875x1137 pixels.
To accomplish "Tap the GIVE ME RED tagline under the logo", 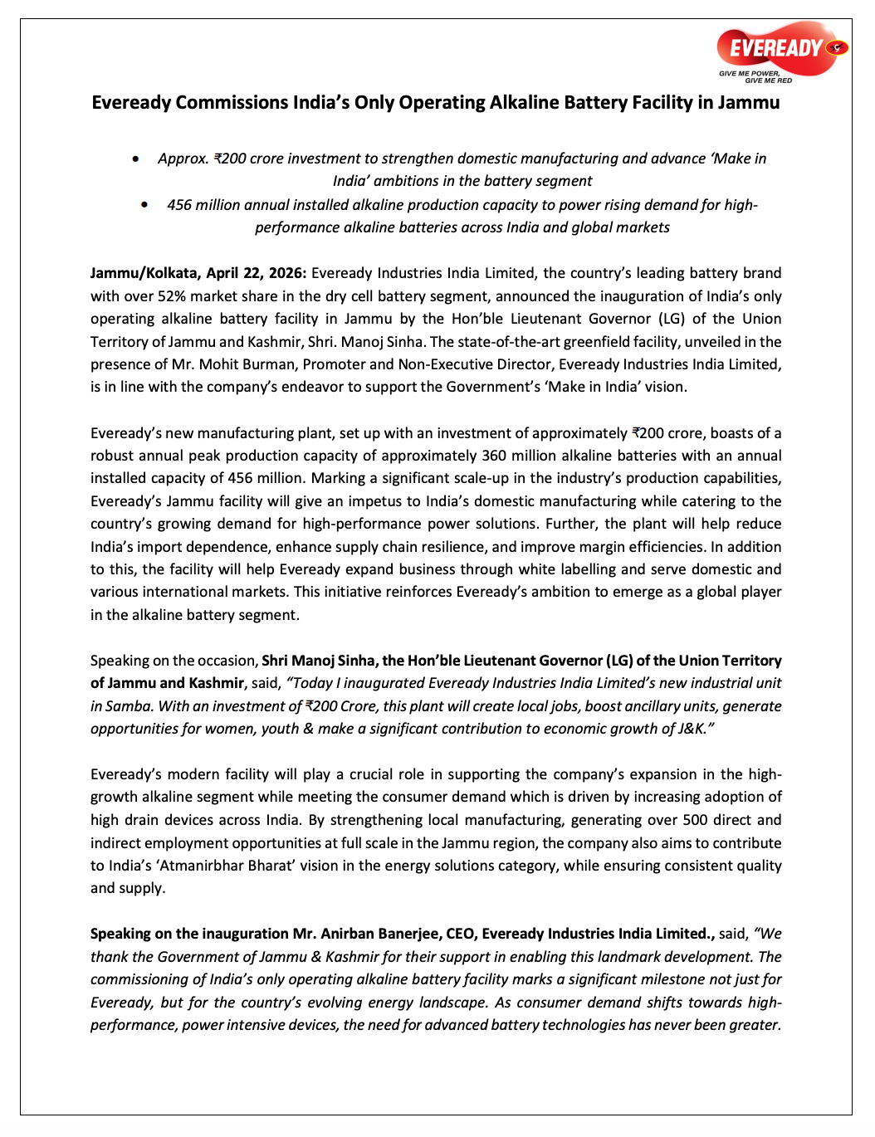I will [x=768, y=81].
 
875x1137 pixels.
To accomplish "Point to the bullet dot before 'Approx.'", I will [x=136, y=159].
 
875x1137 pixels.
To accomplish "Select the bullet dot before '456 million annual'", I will [x=145, y=205].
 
